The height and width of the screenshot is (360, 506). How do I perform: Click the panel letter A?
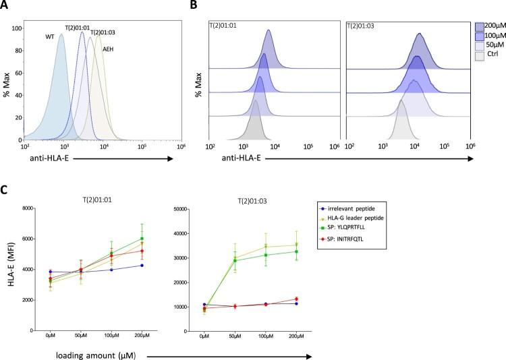coord(6,6)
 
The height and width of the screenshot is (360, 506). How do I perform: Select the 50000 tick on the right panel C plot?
coord(184,208)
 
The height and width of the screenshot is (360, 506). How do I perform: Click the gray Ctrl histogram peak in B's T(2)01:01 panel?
coord(255,102)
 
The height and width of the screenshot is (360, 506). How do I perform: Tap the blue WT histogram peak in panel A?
coord(61,36)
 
